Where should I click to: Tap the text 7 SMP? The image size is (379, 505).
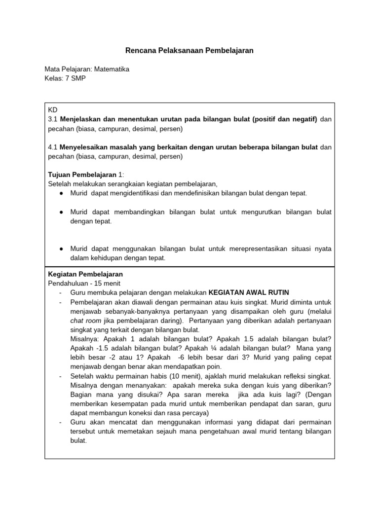coord(76,78)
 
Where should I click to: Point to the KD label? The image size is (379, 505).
coord(52,110)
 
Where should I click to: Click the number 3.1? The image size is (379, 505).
coord(53,119)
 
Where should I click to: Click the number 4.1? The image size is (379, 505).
coord(53,147)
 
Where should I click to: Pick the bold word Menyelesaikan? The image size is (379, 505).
coord(85,147)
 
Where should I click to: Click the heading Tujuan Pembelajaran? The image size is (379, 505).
coord(82,175)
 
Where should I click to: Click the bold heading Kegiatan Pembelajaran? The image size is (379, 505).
coord(85,274)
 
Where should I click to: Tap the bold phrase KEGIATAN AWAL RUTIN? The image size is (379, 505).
coord(249,292)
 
